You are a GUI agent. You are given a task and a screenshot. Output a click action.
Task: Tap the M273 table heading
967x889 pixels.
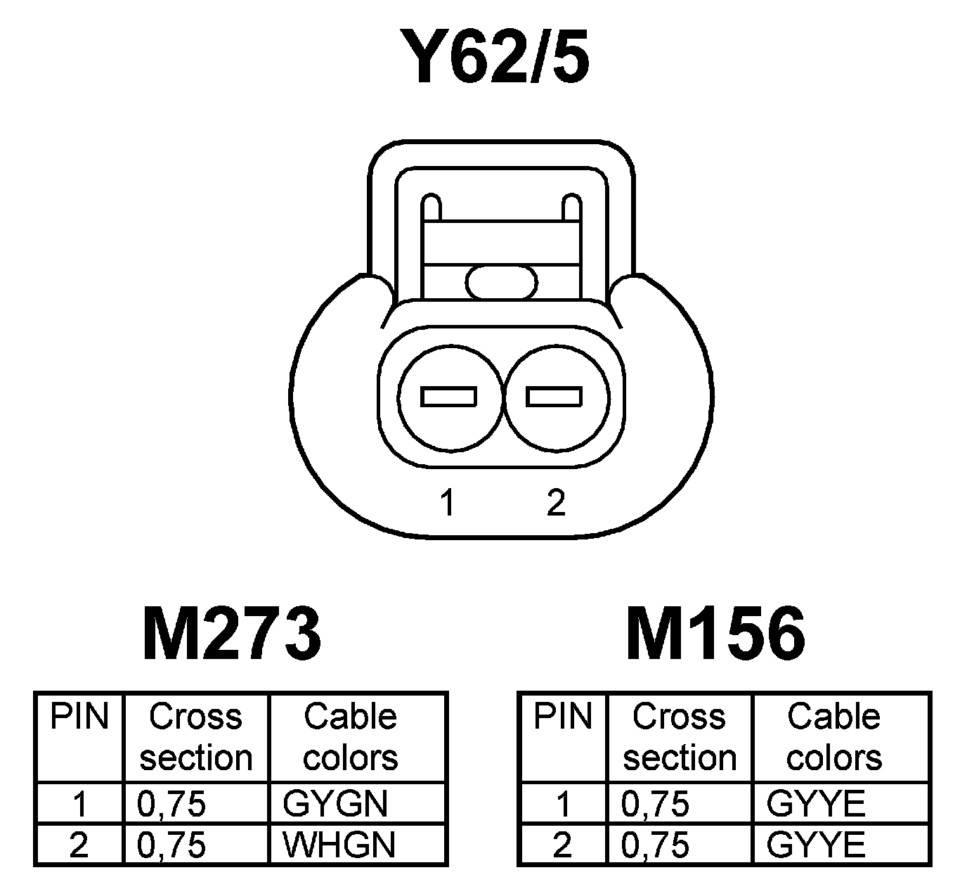tap(231, 634)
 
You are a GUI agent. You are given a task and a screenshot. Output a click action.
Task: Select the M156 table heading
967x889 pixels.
tap(715, 634)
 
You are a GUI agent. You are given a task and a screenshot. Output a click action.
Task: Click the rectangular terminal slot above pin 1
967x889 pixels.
tap(448, 397)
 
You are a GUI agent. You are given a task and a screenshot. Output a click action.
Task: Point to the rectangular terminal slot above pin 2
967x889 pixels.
tap(554, 397)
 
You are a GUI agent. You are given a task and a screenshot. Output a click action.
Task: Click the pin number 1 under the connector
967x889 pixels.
tap(447, 503)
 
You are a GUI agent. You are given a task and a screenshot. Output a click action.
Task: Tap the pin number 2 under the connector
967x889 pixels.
tap(555, 503)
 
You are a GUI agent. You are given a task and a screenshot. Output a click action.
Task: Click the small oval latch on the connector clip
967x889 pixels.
tap(502, 282)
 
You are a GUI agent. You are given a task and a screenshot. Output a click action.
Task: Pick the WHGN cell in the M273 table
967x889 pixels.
tap(339, 845)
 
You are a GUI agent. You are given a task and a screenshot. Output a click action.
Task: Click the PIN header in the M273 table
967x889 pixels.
tap(79, 717)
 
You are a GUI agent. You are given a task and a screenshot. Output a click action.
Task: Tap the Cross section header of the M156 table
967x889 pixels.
tap(679, 737)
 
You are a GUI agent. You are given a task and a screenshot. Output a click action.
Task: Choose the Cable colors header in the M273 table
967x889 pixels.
tap(351, 737)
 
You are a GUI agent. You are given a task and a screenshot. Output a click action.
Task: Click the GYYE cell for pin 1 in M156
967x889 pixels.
tap(816, 804)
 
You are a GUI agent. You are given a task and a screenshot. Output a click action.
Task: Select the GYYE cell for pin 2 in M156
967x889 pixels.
tap(816, 845)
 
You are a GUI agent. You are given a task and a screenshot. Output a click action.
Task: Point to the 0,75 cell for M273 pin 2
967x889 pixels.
tap(171, 845)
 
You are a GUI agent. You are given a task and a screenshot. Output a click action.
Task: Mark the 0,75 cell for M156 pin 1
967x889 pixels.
tap(655, 804)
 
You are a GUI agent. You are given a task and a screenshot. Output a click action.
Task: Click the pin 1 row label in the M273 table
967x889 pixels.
tap(79, 804)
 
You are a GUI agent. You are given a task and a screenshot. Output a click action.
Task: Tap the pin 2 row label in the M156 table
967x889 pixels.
tap(563, 845)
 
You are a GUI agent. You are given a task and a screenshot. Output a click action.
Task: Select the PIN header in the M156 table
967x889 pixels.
tap(563, 717)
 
